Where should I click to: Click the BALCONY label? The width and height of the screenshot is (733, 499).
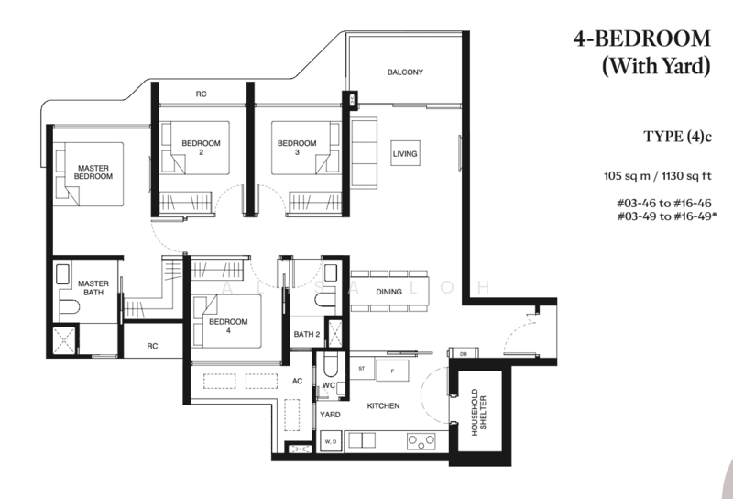pyautogui.click(x=404, y=72)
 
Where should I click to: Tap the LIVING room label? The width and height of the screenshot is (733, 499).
pyautogui.click(x=405, y=153)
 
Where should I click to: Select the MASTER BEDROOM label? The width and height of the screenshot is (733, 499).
pyautogui.click(x=94, y=172)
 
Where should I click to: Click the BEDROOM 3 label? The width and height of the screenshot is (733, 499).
pyautogui.click(x=297, y=148)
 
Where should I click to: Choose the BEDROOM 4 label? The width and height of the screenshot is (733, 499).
pyautogui.click(x=225, y=327)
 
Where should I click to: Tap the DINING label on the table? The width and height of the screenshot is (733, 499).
pyautogui.click(x=389, y=292)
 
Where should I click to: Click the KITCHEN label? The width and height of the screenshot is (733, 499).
pyautogui.click(x=382, y=405)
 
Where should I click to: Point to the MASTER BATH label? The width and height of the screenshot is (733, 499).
pyautogui.click(x=93, y=288)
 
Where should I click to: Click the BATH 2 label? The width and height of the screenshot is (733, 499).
pyautogui.click(x=306, y=334)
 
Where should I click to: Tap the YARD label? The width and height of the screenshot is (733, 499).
pyautogui.click(x=330, y=415)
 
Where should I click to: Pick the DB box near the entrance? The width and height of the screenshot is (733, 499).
pyautogui.click(x=463, y=353)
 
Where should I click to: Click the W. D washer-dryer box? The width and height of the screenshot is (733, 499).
pyautogui.click(x=330, y=443)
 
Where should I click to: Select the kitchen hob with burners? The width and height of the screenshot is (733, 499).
pyautogui.click(x=420, y=441)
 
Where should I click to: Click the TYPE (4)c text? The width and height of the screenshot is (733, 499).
pyautogui.click(x=677, y=138)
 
